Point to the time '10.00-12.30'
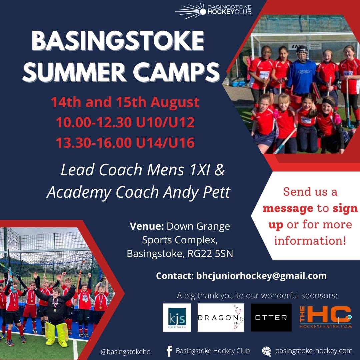click(x=93, y=123)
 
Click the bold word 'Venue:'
click(x=146, y=227)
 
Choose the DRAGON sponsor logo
click(x=221, y=317)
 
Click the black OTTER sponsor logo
click(x=271, y=317)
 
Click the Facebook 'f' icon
click(x=169, y=351)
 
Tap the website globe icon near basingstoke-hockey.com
click(x=267, y=351)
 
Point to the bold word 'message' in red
click(x=288, y=209)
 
